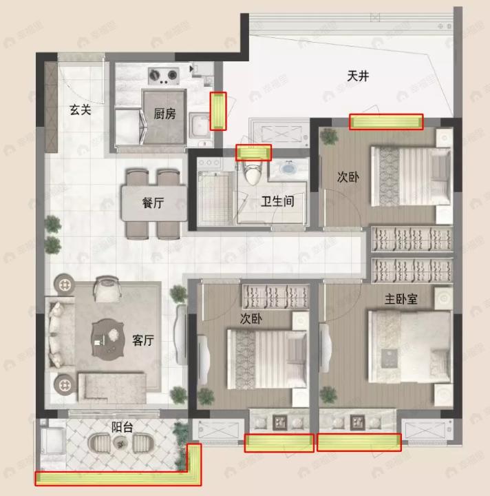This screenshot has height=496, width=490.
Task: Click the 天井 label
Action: [358, 76]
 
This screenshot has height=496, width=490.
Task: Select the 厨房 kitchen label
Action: [164, 114]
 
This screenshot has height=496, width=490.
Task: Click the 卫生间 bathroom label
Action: [277, 202]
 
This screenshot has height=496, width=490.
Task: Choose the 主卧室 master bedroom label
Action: [403, 300]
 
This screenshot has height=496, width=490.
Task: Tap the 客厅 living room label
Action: [142, 340]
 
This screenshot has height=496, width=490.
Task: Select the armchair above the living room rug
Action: [108, 289]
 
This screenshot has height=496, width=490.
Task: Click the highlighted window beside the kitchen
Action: [217, 111]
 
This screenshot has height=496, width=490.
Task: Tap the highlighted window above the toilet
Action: [253, 152]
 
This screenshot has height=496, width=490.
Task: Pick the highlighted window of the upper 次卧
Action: [385, 122]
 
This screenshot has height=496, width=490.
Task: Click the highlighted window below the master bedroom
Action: [359, 442]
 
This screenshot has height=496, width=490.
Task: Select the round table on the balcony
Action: [122, 445]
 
